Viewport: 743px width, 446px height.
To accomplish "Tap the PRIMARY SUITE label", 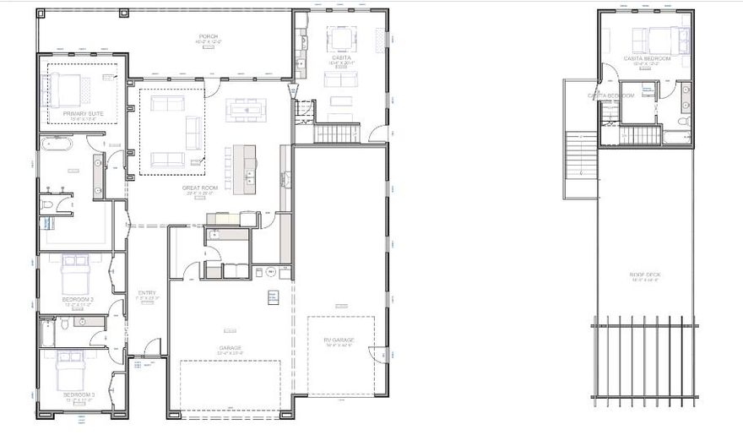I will click(x=83, y=112).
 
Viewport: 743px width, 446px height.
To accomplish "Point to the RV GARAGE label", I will click(x=340, y=340).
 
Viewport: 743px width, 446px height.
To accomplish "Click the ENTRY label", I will click(x=147, y=293).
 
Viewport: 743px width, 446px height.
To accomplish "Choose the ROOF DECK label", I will click(x=645, y=275).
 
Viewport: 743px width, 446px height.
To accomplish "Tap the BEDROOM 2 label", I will click(x=78, y=299).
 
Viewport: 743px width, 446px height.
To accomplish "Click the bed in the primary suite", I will click(x=68, y=87).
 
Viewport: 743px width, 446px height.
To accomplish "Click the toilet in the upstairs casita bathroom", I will click(x=682, y=122).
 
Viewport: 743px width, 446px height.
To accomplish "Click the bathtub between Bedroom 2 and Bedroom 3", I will click(x=47, y=332).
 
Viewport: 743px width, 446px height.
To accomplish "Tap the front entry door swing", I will click(x=150, y=348).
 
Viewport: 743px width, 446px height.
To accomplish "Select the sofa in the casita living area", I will click(x=341, y=79).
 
